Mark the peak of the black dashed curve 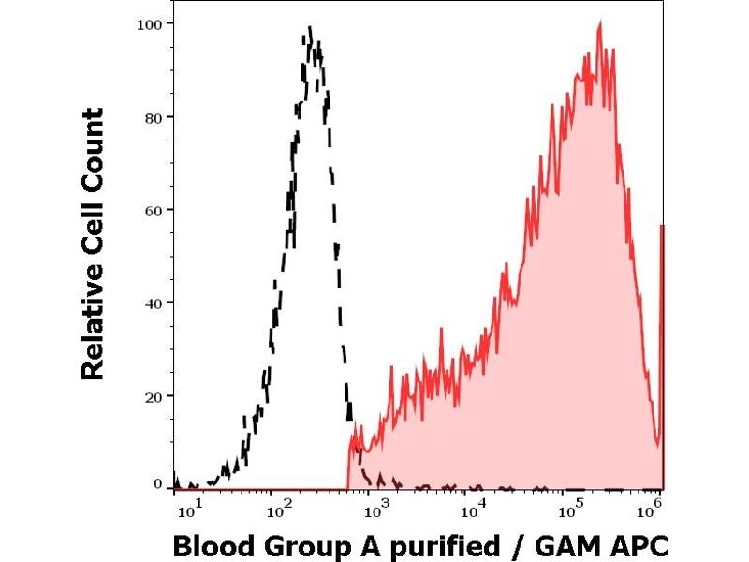point(310,28)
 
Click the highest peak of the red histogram point(599,22)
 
